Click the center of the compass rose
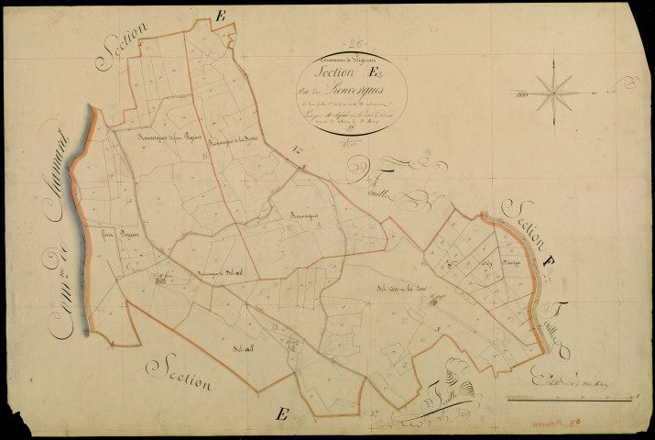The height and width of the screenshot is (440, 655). (x=551, y=89)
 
